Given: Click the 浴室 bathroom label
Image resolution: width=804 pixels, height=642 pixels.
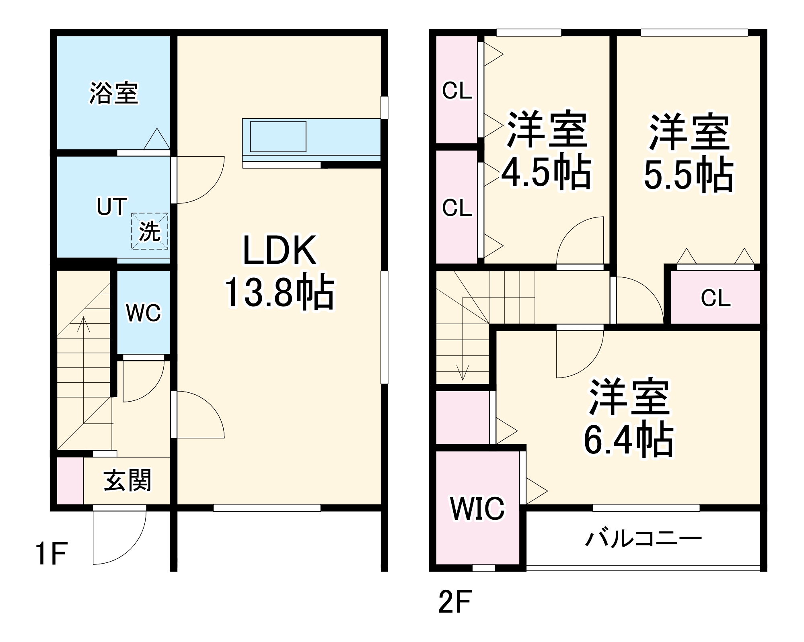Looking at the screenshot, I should pos(114,94).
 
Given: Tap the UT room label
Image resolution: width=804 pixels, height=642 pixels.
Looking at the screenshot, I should pos(111,207).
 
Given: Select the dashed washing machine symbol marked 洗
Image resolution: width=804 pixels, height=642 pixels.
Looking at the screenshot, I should pos(150,231).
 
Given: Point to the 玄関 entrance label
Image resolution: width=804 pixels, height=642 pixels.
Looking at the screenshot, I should pos(127,480).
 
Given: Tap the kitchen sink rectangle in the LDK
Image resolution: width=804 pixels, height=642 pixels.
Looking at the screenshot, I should pos(278,137).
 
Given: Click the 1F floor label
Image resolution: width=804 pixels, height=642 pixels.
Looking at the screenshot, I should pos(51,554).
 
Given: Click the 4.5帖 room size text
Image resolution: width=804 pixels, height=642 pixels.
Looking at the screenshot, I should pos(546,173).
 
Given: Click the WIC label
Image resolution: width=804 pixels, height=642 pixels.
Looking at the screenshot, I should pos(477,509).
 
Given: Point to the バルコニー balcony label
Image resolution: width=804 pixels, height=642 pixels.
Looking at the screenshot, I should pos(643,539).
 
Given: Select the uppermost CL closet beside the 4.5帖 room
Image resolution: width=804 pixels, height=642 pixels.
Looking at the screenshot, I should pos(457,91).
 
